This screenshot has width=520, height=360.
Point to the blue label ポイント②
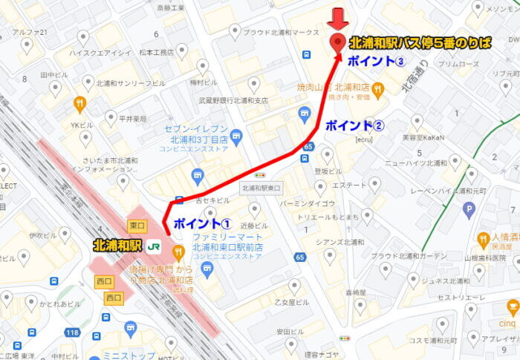(x=354, y=124)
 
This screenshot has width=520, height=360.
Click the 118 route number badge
(x=72, y=333)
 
